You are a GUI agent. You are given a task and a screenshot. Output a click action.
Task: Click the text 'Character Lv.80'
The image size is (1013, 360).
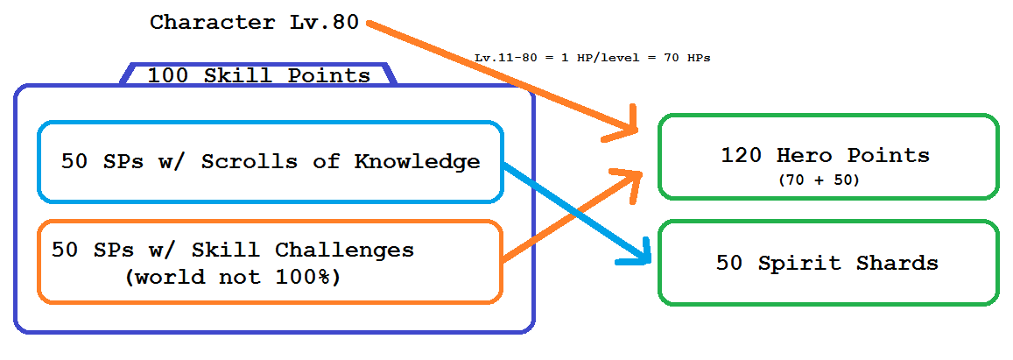pos(254,23)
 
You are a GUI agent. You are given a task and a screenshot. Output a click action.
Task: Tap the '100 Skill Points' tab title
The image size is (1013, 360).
pos(259,75)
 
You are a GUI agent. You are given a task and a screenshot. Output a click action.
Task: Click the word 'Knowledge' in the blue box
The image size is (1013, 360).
pos(418,161)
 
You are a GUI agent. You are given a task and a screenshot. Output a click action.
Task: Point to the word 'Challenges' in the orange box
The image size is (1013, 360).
pos(344,251)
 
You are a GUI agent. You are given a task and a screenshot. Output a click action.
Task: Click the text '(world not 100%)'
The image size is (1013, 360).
pos(232,277)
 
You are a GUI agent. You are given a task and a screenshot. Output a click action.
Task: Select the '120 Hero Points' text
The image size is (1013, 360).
pos(825,155)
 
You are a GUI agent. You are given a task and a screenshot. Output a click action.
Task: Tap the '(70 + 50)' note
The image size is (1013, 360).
pos(820,181)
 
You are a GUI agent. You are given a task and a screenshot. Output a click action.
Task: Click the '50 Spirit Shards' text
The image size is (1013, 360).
pos(827,263)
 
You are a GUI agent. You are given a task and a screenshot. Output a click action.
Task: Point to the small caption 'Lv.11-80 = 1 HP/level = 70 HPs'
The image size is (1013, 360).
pos(593,58)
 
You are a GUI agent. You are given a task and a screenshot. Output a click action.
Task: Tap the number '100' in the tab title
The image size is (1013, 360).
pos(169,75)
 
